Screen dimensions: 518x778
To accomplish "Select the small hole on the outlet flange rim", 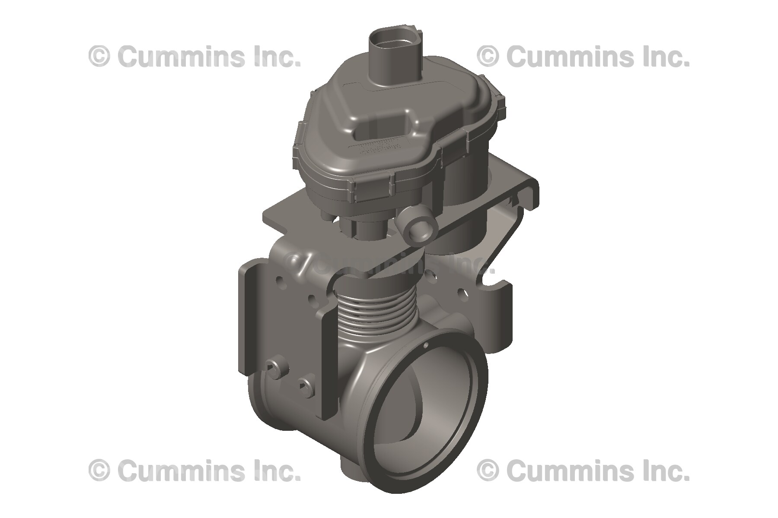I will pyautogui.click(x=425, y=345).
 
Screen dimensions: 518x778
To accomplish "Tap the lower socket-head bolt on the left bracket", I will pyautogui.click(x=304, y=385).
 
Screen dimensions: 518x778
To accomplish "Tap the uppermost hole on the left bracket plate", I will pyautogui.click(x=281, y=280).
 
